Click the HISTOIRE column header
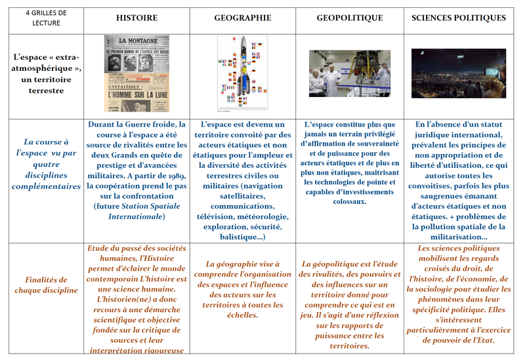[136, 18]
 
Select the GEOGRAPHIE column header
[243, 18]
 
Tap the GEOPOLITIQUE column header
[348, 18]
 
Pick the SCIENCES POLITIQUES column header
[459, 18]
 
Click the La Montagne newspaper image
[136, 73]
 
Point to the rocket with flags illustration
[243, 73]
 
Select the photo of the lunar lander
[348, 73]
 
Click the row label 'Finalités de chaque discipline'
[46, 285]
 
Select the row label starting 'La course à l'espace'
[46, 164]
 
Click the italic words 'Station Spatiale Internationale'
[136, 210]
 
